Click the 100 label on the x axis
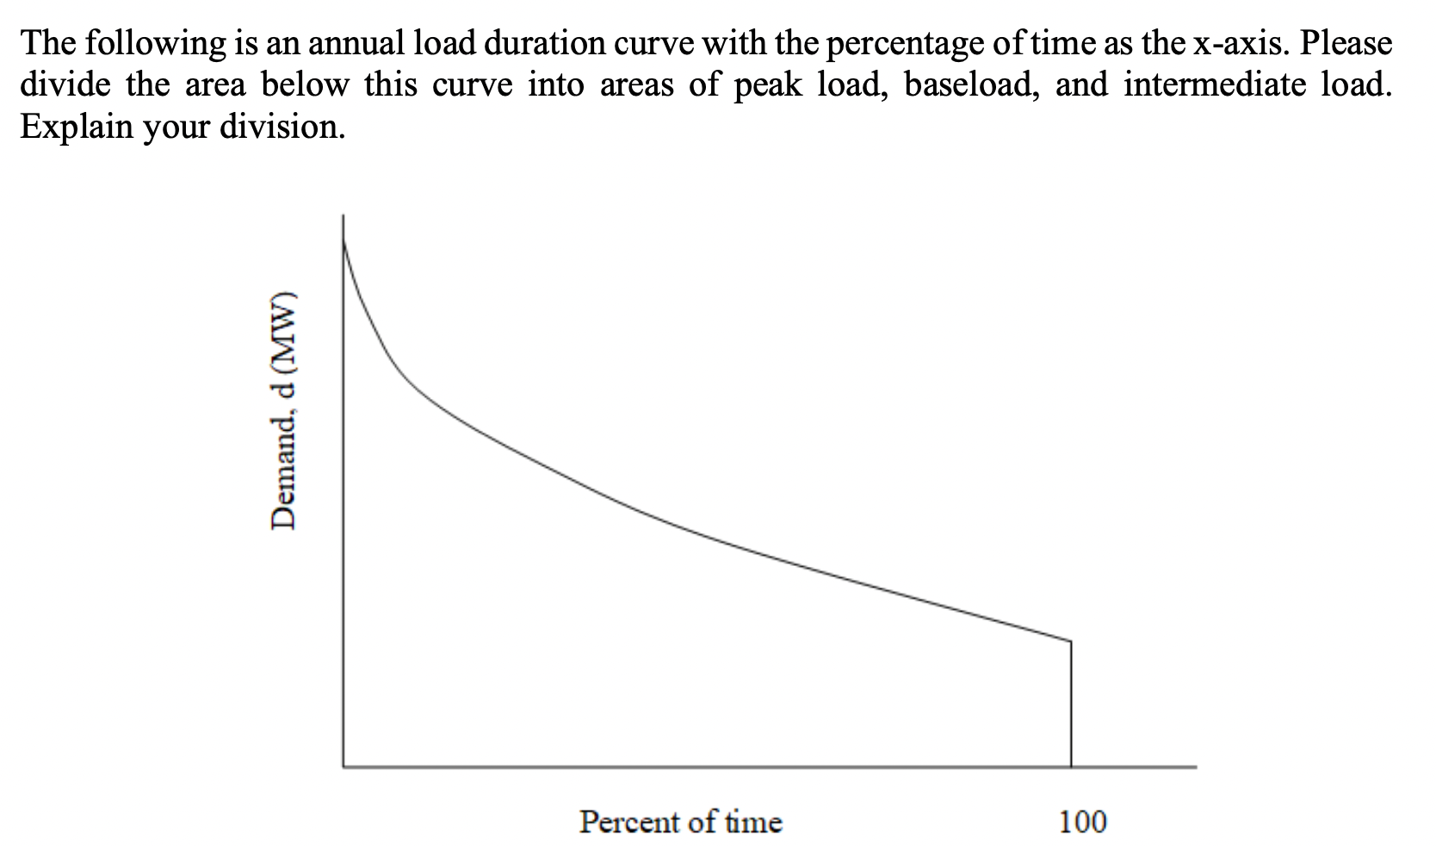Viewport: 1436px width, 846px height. point(1082,822)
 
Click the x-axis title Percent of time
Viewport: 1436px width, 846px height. point(680,822)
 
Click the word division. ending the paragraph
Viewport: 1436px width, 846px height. point(282,127)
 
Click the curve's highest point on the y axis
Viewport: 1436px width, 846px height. point(344,242)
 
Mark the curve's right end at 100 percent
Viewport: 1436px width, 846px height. point(1071,641)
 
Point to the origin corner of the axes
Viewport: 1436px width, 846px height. point(344,766)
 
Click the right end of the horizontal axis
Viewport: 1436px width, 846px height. point(1194,766)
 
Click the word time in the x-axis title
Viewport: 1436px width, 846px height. point(752,822)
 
